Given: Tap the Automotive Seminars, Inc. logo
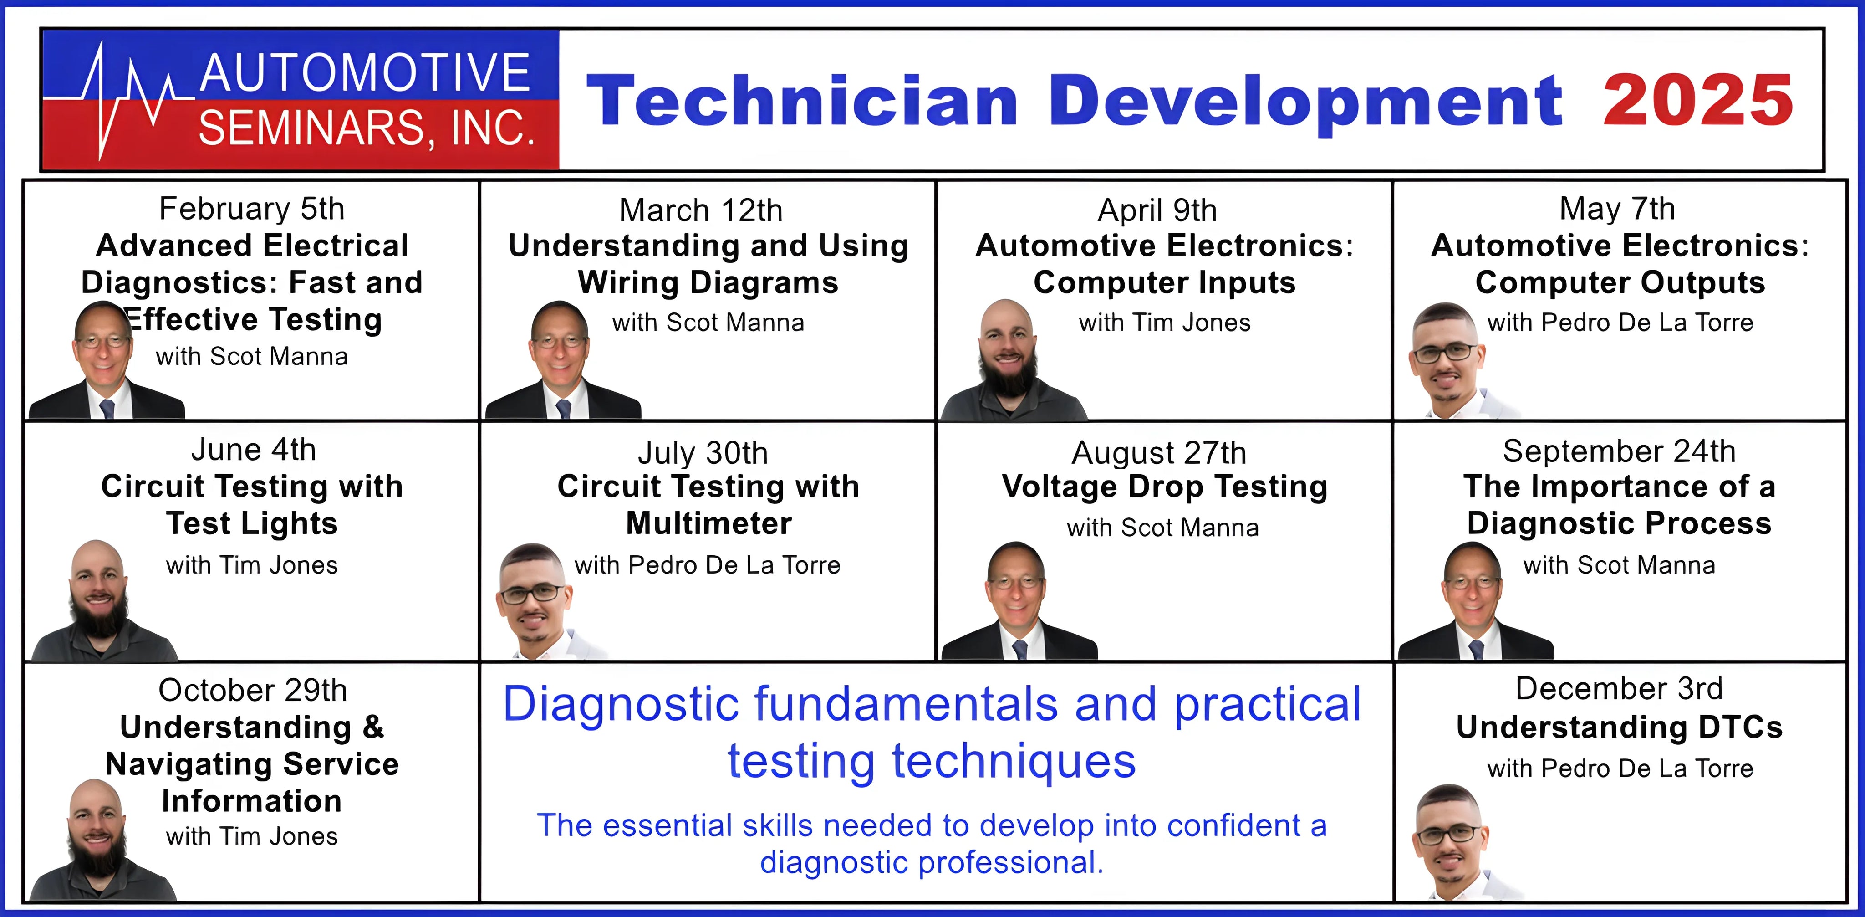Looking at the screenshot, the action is pyautogui.click(x=301, y=100).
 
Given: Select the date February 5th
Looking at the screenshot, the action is pyautogui.click(x=252, y=209).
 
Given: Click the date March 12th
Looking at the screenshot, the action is pyautogui.click(x=701, y=210).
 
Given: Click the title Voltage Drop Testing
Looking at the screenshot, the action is pyautogui.click(x=1165, y=487).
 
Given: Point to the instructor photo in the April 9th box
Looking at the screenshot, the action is pyautogui.click(x=1012, y=360).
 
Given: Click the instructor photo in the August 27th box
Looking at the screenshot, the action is pyautogui.click(x=1019, y=601).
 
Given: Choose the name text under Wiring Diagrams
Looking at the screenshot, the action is pyautogui.click(x=708, y=323).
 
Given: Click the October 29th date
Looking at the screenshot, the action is pyautogui.click(x=253, y=690).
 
